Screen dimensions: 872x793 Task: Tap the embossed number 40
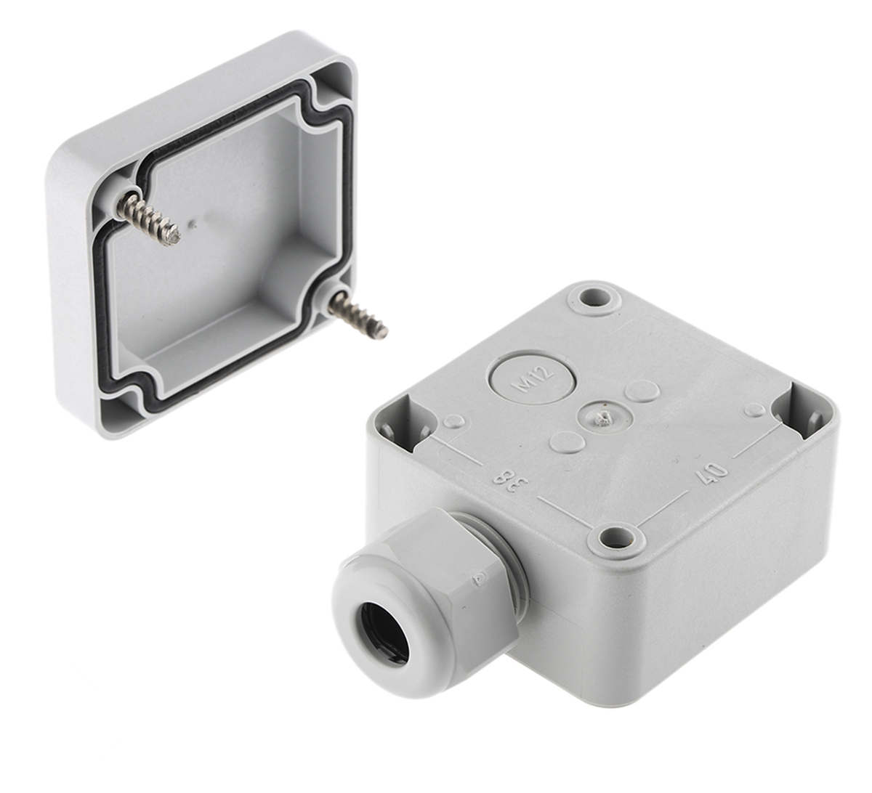pos(710,473)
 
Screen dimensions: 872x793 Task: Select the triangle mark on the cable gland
pos(478,577)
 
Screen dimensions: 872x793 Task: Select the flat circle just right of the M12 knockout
pos(642,390)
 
